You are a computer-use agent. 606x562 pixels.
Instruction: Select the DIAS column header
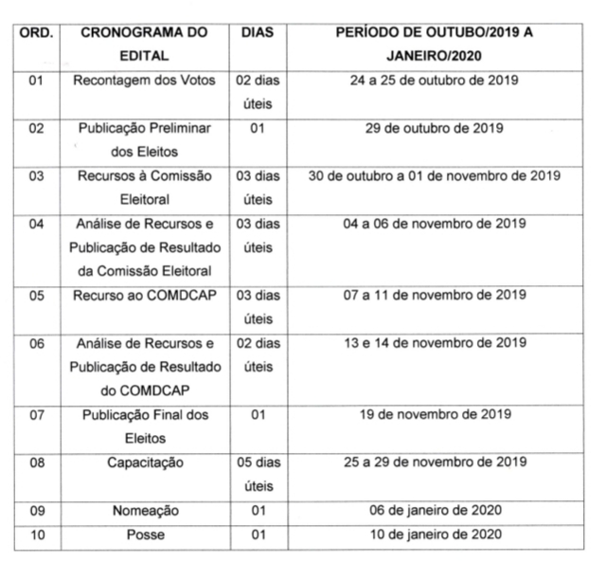(x=257, y=32)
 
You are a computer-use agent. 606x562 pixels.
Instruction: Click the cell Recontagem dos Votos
(x=144, y=81)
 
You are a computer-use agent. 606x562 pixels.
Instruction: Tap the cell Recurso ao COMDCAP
(x=144, y=295)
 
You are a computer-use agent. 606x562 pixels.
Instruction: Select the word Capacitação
(x=144, y=462)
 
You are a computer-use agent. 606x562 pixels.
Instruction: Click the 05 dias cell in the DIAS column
(x=257, y=474)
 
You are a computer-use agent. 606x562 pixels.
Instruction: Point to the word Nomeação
(x=144, y=511)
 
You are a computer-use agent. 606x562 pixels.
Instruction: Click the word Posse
(x=144, y=535)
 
